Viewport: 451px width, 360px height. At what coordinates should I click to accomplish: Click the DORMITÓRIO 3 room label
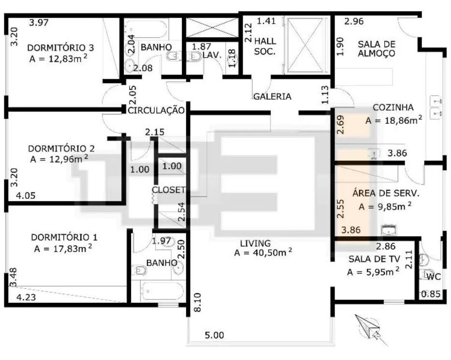(x=60, y=47)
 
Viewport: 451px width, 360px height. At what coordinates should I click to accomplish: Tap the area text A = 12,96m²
(x=59, y=159)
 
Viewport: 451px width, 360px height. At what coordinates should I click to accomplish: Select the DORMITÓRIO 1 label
(x=64, y=237)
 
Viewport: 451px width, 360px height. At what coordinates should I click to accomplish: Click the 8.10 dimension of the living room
(x=197, y=302)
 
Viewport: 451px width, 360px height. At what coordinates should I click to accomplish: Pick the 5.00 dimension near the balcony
(x=214, y=335)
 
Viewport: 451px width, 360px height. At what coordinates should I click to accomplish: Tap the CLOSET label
(x=169, y=190)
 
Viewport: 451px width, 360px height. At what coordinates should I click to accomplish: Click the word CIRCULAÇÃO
(x=156, y=110)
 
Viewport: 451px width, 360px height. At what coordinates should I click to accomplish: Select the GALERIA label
(x=272, y=96)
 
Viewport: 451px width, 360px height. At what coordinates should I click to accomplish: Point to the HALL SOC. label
(x=265, y=46)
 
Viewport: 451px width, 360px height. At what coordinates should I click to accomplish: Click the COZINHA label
(x=393, y=107)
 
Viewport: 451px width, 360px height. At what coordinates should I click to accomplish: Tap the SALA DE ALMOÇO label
(x=377, y=49)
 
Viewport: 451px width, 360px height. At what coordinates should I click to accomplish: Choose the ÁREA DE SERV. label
(x=386, y=193)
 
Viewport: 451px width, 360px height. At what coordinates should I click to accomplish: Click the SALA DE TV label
(x=374, y=259)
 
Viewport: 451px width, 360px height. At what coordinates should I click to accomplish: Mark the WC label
(x=434, y=277)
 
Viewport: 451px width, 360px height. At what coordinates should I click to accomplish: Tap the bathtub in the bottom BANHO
(x=163, y=291)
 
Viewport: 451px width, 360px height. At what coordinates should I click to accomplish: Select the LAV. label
(x=212, y=55)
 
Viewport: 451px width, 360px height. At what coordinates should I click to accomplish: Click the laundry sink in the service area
(x=388, y=230)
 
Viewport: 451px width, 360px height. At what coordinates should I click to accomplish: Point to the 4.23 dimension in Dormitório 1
(x=26, y=297)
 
